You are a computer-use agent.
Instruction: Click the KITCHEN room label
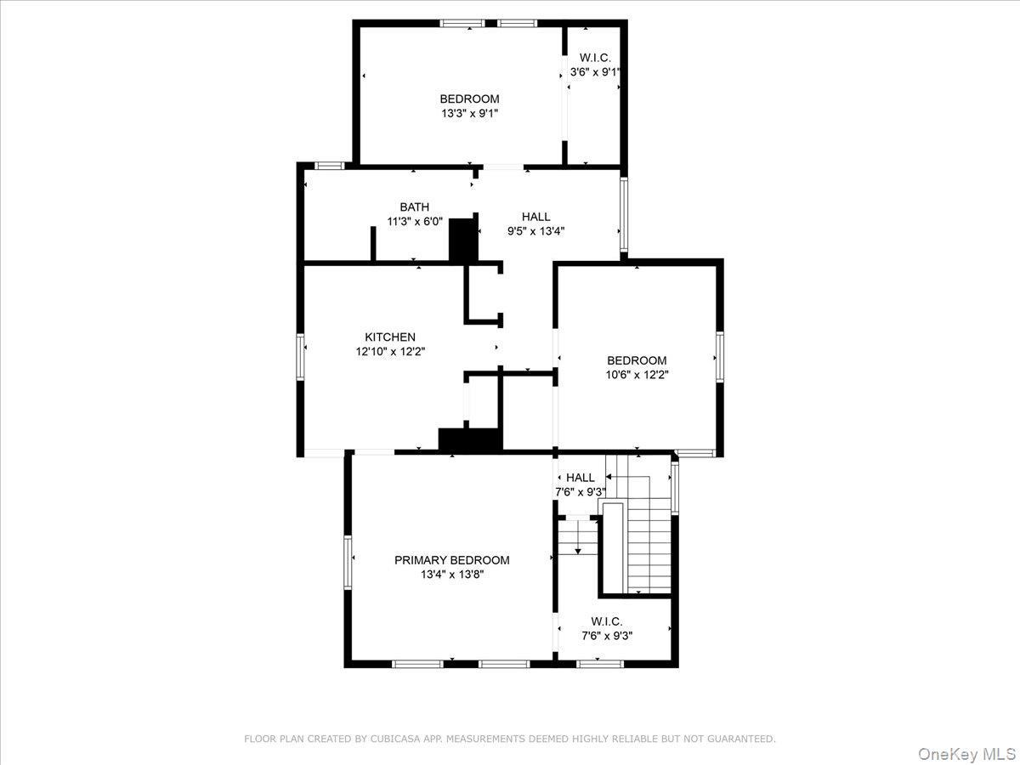[390, 337]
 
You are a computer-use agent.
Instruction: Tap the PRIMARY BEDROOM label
[451, 560]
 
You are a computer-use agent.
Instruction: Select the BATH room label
[414, 207]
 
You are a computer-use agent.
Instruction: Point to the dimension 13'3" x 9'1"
[469, 113]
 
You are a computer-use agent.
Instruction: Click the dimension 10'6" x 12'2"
[637, 374]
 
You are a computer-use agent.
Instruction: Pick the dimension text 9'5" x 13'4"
[535, 230]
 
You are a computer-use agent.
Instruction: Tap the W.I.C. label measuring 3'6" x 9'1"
[595, 58]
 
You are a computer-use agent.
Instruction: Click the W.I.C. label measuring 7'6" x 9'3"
[607, 621]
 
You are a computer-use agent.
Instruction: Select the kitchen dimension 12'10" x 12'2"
[390, 351]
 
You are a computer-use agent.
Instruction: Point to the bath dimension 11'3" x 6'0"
[414, 221]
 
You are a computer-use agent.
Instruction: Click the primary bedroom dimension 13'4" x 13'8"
[451, 575]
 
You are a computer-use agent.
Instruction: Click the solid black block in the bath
[463, 240]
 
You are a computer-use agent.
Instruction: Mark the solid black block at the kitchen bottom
[470, 439]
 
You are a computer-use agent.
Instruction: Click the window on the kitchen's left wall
[300, 355]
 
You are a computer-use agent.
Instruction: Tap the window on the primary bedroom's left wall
[348, 561]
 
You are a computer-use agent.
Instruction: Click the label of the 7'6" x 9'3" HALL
[581, 478]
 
